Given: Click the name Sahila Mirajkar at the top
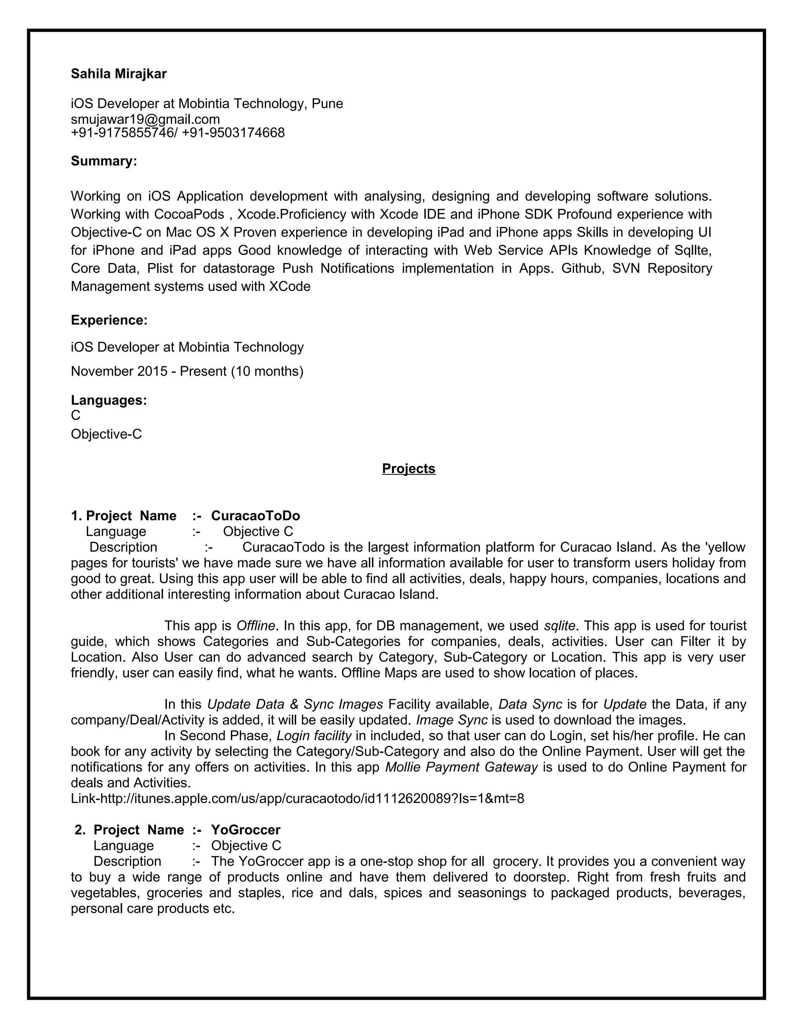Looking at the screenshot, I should (119, 74).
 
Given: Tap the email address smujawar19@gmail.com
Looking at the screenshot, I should (145, 119).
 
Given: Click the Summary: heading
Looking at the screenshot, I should (104, 161).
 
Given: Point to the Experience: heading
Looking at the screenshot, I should (109, 320).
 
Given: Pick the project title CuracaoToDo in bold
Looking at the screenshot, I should (255, 516).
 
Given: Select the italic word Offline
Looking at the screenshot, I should (255, 626).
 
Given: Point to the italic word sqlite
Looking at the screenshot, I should (559, 626).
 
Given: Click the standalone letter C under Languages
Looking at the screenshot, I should (75, 415).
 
